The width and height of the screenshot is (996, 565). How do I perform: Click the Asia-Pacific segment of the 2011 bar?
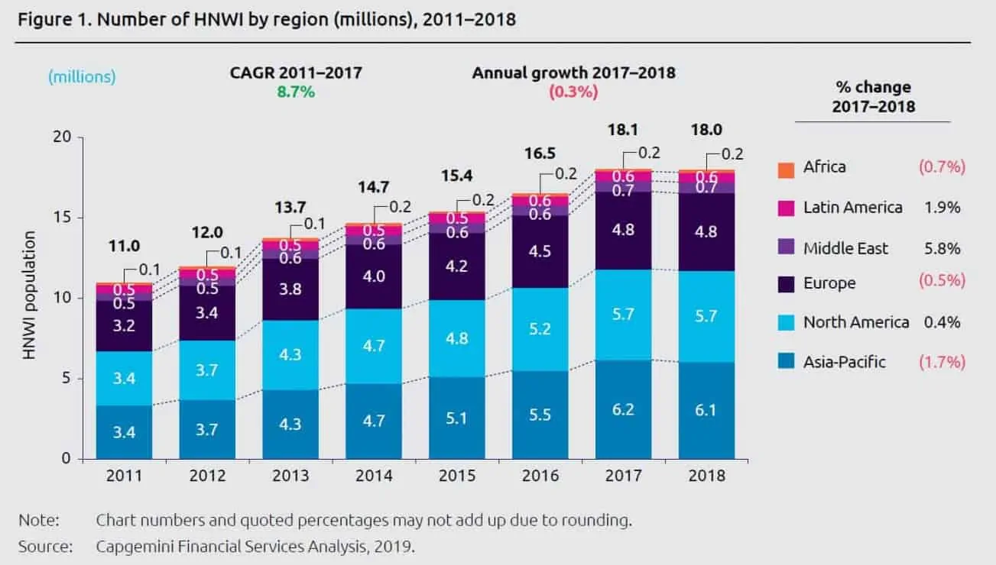tap(124, 431)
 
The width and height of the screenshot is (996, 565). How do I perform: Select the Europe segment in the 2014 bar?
tap(373, 276)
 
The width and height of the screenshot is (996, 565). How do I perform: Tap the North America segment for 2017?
tap(623, 314)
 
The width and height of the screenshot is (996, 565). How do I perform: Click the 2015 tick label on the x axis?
tap(457, 476)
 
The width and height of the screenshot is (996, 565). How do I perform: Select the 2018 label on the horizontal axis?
tap(706, 476)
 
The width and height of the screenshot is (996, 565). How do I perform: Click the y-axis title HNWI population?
tap(30, 299)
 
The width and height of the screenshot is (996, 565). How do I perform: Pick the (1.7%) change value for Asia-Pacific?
tap(942, 362)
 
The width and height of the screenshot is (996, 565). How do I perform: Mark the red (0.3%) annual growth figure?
tap(573, 92)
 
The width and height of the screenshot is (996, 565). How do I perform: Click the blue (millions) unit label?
tap(82, 76)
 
